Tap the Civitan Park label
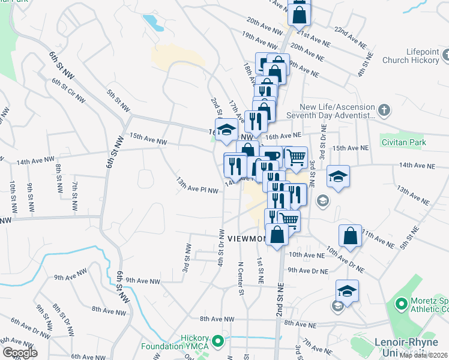pos(403,142)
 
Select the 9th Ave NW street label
pos(143,280)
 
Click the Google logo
pos(19,353)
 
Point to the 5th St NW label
pos(118,100)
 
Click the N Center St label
pos(240,278)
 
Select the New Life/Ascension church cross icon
pos(385,110)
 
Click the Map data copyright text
pos(423,355)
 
